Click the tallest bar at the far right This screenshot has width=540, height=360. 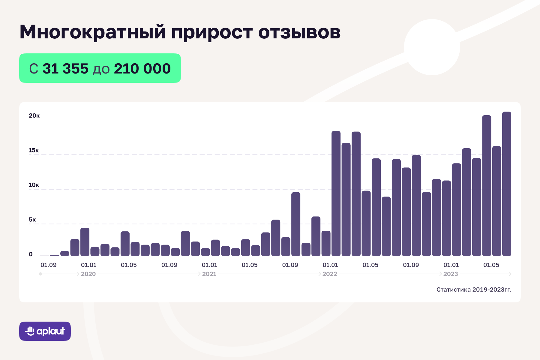[x=506, y=184]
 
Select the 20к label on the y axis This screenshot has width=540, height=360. [x=34, y=116]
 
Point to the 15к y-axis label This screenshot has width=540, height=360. [x=34, y=150]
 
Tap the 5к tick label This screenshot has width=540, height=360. [x=32, y=220]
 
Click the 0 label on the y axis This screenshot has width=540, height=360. [x=31, y=254]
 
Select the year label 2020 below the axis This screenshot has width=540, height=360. [x=88, y=274]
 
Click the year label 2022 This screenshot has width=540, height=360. [x=330, y=274]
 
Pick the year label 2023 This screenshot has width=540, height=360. [x=451, y=274]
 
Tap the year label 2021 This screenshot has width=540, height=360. [x=209, y=274]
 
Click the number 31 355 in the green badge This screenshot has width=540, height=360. [x=65, y=69]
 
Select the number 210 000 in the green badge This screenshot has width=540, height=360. [x=142, y=69]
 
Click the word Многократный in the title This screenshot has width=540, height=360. [x=92, y=32]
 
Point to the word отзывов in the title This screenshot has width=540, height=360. [x=299, y=32]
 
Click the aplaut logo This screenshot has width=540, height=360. [x=45, y=331]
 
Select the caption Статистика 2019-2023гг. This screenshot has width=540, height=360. [x=473, y=289]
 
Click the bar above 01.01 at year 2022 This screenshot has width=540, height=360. [x=336, y=193]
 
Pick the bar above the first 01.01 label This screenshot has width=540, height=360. [x=85, y=242]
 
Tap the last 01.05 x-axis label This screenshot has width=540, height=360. [x=491, y=265]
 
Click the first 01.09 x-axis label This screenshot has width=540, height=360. [x=48, y=265]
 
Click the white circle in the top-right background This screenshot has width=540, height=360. [x=432, y=47]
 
